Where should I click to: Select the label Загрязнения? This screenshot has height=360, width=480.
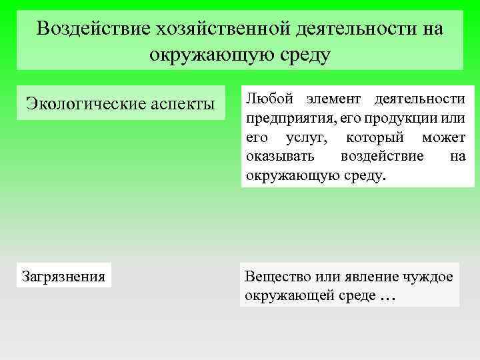(63, 275)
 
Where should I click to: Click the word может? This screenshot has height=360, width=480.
(443, 138)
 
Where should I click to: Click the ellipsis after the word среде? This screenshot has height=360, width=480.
(387, 298)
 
